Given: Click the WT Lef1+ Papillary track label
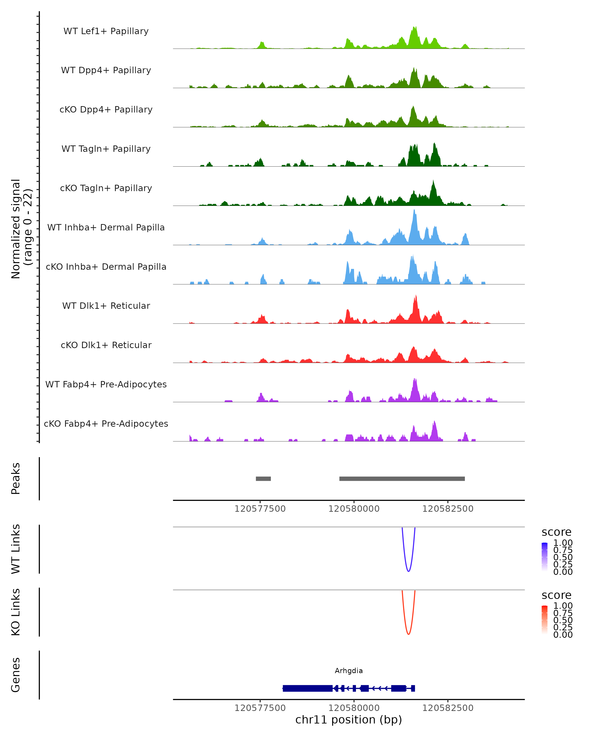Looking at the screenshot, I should [x=106, y=31].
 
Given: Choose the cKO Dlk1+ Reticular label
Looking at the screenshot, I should [x=106, y=345].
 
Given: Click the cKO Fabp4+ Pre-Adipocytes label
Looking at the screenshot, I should [x=106, y=424].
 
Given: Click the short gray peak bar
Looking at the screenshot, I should [x=263, y=479].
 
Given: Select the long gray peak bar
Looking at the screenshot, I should [x=402, y=479].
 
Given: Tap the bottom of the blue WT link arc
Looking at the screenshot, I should [x=408, y=571].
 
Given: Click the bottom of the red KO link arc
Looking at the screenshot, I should [x=408, y=634].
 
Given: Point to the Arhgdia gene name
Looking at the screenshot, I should [x=349, y=671].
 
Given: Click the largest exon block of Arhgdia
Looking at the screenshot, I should [x=308, y=688].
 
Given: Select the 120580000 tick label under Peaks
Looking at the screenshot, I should [x=354, y=509].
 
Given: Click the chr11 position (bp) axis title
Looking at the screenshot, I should [x=349, y=720].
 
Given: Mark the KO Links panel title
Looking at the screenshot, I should [x=16, y=612].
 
